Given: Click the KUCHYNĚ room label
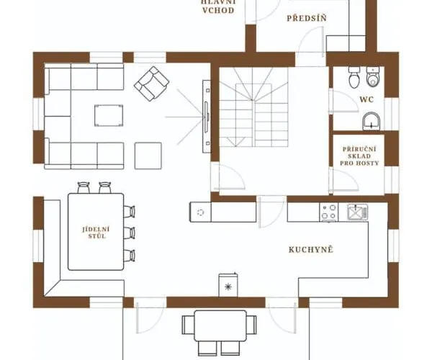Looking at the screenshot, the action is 311,250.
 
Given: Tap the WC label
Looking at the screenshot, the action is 366,99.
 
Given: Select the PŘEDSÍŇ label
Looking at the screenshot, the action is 307,18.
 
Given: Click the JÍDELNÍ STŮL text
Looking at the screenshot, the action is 96,233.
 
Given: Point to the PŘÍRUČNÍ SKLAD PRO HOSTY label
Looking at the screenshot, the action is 359,156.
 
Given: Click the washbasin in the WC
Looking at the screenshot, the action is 371,121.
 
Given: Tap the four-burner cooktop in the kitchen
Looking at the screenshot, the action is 329,212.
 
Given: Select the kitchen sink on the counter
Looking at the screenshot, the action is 358,212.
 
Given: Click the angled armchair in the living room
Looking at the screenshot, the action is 151,84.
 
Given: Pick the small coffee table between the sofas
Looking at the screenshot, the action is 109,115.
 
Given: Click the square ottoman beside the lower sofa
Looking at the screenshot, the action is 148,156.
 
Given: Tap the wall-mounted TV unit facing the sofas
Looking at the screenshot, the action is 207,116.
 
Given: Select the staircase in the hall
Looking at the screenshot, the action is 253,107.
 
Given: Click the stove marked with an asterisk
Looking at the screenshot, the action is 228,285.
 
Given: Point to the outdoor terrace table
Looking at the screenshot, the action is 220,326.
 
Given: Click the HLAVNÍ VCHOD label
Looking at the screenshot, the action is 218,6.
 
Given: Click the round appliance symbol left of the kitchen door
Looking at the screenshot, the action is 201,212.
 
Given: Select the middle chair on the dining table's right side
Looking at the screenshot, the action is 129,233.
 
